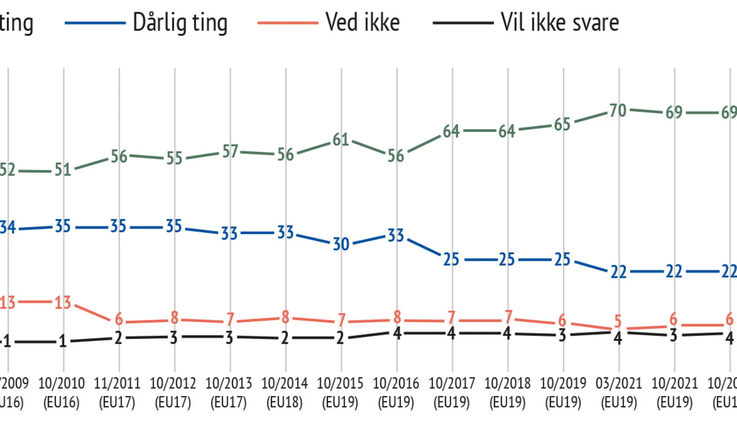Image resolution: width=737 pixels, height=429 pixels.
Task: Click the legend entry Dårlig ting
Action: pos(180,23)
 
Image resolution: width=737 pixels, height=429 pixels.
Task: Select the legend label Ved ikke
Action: pos(363,23)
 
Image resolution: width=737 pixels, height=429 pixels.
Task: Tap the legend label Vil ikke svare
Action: pos(559,23)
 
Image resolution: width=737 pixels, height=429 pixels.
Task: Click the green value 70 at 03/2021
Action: pos(618,110)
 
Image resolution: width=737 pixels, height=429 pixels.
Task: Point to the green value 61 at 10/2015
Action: pos(341,140)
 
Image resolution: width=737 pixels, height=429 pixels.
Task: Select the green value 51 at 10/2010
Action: pos(63,170)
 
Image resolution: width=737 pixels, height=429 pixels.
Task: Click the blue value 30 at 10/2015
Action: pos(341,244)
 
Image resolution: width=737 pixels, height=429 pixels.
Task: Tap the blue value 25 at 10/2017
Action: pos(451,260)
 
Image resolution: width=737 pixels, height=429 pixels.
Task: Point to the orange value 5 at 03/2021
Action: pos(618,321)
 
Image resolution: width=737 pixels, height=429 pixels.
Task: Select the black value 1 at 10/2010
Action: pos(63,341)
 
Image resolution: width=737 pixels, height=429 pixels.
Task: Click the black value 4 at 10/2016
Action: pos(397,333)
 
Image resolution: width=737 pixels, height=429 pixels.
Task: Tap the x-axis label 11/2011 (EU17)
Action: pos(117,393)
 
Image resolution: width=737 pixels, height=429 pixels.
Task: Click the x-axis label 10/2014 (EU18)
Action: pos(284,393)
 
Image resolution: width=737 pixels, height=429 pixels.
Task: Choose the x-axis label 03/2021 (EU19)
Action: pos(619,393)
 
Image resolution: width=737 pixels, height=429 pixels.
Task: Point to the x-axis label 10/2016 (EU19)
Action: pos(396,393)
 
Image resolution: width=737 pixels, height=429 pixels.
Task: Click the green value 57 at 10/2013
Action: pos(230,151)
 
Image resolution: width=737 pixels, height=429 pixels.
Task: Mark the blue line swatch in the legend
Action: pos(95,23)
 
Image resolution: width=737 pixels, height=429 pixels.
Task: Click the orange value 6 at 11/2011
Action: pos(119,319)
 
